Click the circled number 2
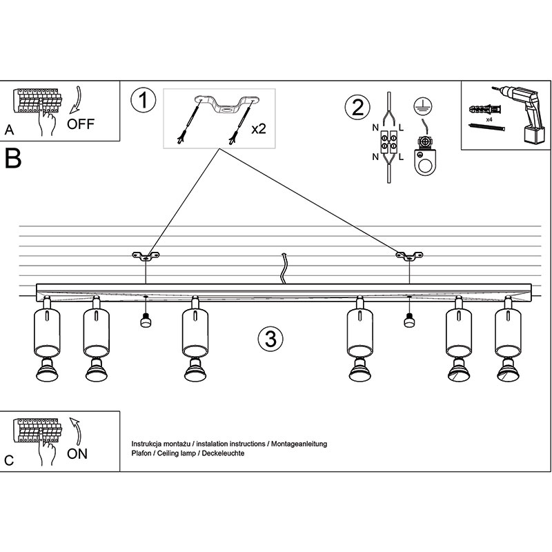click(x=357, y=107)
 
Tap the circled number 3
click(x=270, y=339)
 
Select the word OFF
click(x=80, y=125)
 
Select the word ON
click(x=77, y=454)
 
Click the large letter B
click(x=13, y=158)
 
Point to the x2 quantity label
click(x=259, y=128)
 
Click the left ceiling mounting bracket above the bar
click(x=146, y=257)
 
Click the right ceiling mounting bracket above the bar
click(x=409, y=257)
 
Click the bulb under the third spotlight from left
click(x=194, y=372)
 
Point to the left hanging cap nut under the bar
click(x=146, y=319)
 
